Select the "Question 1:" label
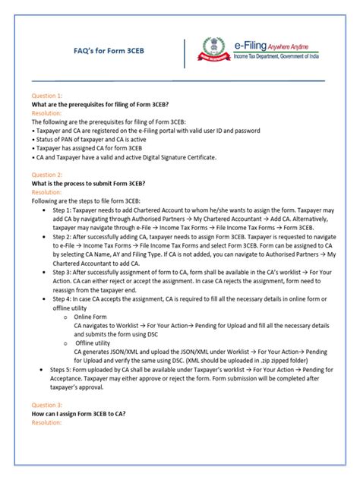tap(47, 96)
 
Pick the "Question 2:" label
tap(47, 175)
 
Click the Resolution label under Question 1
tap(48, 112)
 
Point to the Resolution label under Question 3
tap(48, 422)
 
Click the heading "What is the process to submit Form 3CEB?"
tap(88, 183)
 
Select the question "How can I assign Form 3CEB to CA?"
tap(79, 415)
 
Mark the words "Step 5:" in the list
tap(64, 368)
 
